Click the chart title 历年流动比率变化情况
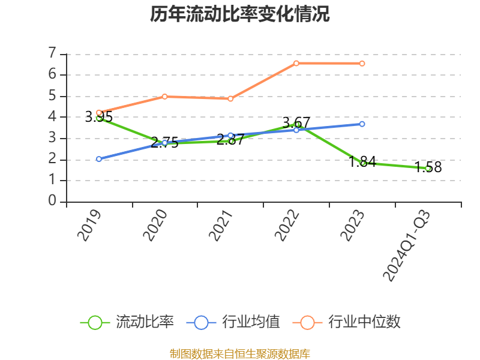point(239,14)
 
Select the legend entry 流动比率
point(127,322)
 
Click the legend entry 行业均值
point(233,322)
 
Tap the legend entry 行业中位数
point(347,322)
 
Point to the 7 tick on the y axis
point(52,53)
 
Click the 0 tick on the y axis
point(52,201)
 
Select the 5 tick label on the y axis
point(52,96)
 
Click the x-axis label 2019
point(89,226)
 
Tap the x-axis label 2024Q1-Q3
point(407,245)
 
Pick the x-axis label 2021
point(221,226)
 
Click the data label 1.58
point(428,167)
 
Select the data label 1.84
point(362,161)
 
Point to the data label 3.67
point(296,123)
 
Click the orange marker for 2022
point(296,64)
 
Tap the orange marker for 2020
point(164,97)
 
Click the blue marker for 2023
point(362,124)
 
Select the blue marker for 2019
point(99,159)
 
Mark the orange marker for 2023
point(362,64)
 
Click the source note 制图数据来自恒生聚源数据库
point(240,354)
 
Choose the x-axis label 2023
point(352,226)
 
